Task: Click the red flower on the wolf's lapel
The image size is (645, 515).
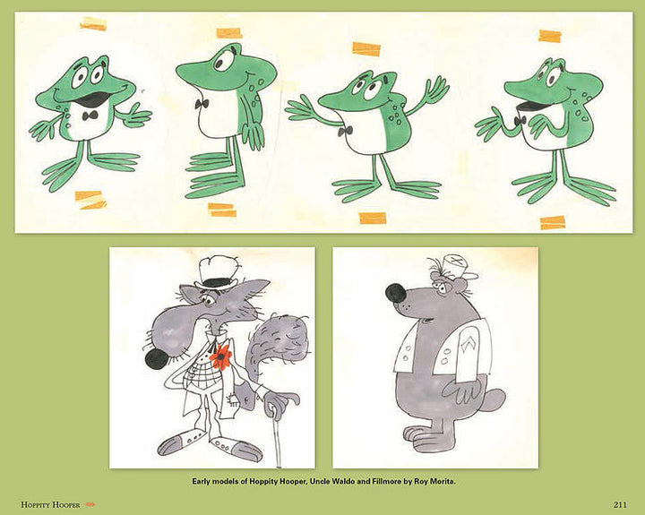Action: coord(220,356)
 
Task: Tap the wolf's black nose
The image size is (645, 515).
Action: coord(157,359)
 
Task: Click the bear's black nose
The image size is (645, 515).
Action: coord(396,293)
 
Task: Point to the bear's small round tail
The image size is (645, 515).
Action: coord(495,399)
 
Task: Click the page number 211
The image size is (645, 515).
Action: coord(620,504)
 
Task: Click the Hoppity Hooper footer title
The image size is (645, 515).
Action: coord(50,505)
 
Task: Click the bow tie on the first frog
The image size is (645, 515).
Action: coord(90,116)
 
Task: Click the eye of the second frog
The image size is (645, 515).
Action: coord(222,61)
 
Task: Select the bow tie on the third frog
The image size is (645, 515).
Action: coord(345,132)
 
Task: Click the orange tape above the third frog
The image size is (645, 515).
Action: coord(366,48)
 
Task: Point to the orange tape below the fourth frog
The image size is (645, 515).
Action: coord(553,222)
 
